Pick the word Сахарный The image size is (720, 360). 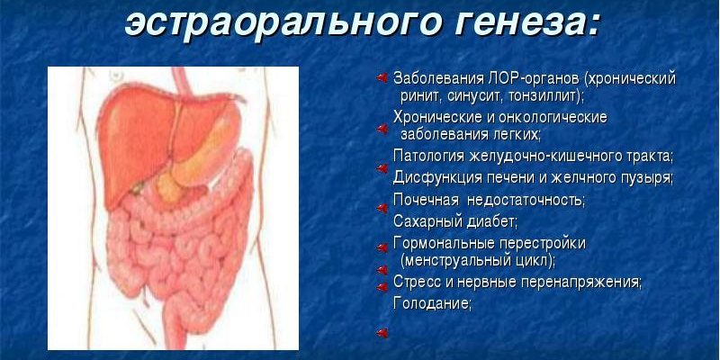pos(421,221)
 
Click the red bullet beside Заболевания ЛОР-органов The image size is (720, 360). pos(382,78)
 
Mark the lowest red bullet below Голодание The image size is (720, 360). pos(382,333)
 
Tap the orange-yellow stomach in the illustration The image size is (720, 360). pos(202,156)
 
